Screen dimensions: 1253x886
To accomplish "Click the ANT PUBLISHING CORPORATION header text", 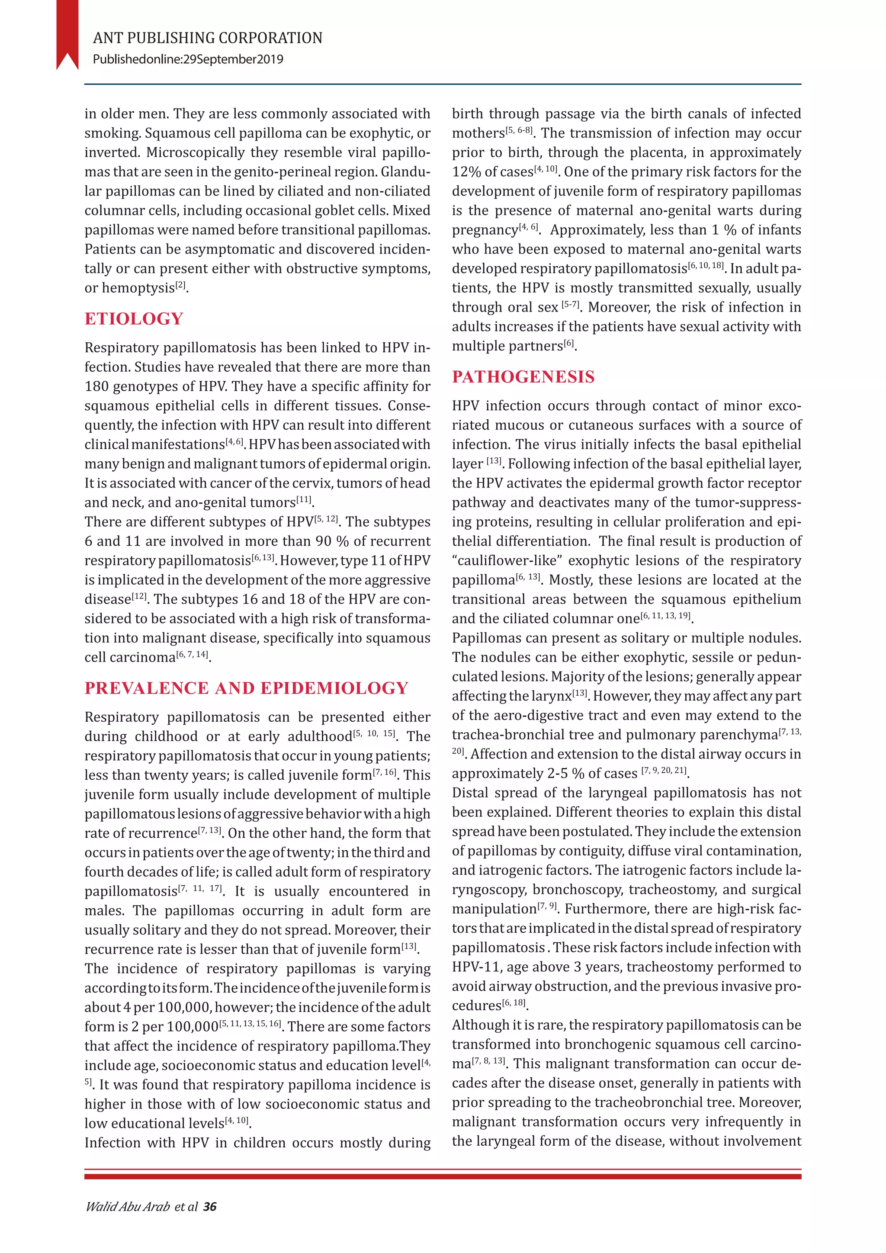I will [207, 38].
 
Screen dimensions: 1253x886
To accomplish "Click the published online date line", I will [188, 59].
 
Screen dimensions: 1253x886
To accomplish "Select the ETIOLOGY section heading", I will [134, 319].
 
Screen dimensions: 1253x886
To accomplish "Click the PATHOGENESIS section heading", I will [523, 376].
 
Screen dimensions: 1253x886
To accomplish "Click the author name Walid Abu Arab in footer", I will [128, 1207].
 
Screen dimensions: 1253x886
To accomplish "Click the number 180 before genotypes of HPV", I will [96, 386].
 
